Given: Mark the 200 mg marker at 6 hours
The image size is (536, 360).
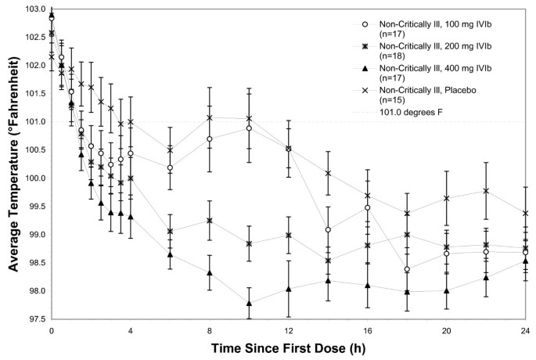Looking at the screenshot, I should [x=170, y=232].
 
